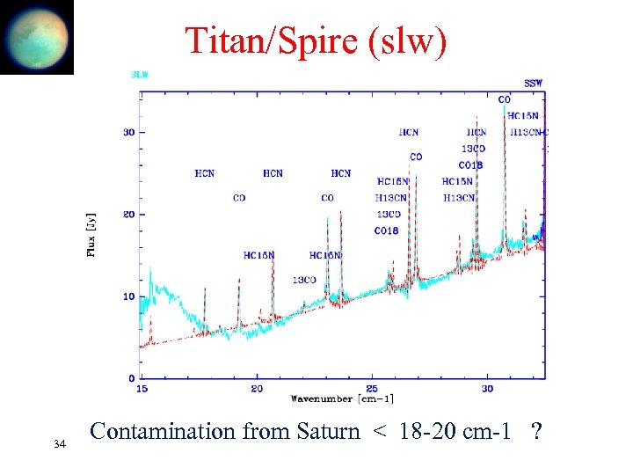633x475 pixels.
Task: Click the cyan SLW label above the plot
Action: (x=139, y=75)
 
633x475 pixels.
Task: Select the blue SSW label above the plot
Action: (x=533, y=83)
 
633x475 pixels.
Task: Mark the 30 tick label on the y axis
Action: (x=127, y=133)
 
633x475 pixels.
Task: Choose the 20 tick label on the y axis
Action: (x=127, y=215)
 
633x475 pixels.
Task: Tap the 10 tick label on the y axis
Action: (x=127, y=296)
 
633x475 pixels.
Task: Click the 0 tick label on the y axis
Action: (x=131, y=378)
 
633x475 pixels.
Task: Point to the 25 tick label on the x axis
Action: (x=372, y=388)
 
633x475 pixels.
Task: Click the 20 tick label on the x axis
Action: (x=256, y=388)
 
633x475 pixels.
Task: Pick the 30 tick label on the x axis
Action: (x=487, y=388)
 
